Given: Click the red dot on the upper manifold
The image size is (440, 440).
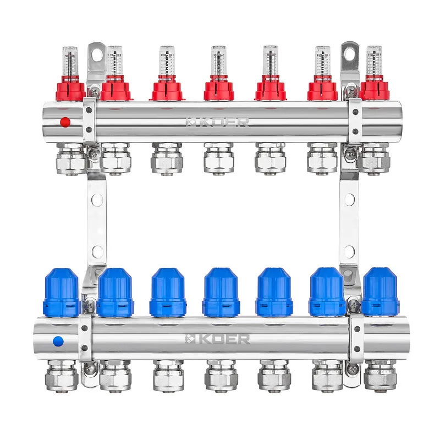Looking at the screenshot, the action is point(65,122).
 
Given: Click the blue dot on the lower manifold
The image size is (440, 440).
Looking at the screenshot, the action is point(58,342).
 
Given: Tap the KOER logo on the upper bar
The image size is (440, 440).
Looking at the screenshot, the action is point(217,122).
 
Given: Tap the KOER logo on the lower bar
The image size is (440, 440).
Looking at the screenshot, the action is point(217,339).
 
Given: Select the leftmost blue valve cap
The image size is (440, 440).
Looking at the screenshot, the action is point(62,293).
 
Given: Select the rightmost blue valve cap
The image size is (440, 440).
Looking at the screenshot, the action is point(381,292).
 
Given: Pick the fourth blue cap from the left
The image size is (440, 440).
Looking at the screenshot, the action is point(221,293).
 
